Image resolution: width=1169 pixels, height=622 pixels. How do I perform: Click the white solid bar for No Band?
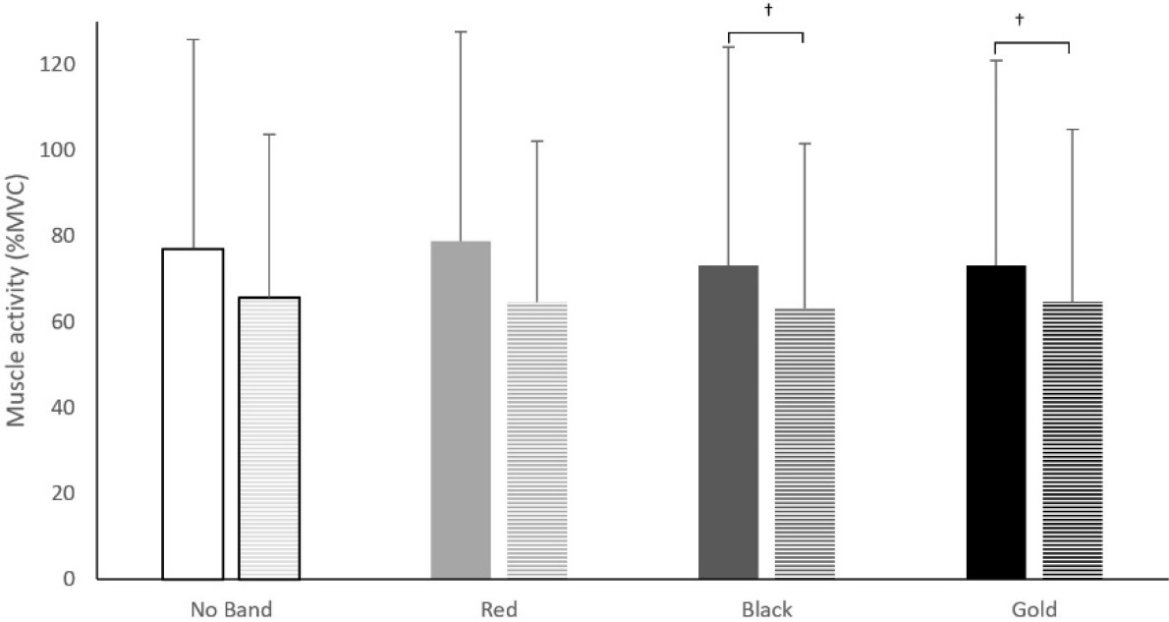click(x=193, y=414)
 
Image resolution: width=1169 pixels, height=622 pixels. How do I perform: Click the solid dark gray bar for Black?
click(x=728, y=422)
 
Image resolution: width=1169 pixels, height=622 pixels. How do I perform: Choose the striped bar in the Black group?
click(x=805, y=443)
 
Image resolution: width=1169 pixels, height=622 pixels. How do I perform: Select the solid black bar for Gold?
click(x=996, y=422)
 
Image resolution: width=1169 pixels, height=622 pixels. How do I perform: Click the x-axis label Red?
click(x=498, y=609)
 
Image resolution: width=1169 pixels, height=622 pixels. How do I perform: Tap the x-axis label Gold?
click(x=1034, y=609)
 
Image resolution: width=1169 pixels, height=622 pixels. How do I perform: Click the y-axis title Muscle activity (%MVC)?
click(x=17, y=300)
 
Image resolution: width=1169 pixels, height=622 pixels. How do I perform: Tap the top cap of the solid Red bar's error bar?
click(x=461, y=32)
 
